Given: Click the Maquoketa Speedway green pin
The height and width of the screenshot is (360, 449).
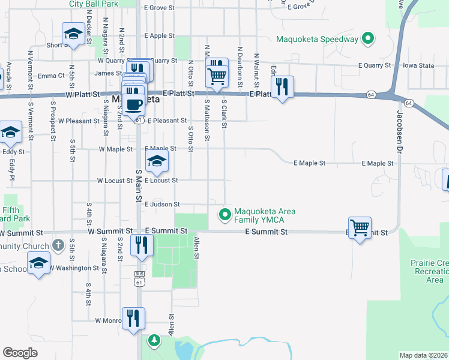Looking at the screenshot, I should click(x=368, y=40).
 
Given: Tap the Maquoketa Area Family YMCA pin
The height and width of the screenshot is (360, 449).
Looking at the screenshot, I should click(x=225, y=214).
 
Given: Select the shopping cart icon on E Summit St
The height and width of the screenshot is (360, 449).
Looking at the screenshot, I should click(x=360, y=228).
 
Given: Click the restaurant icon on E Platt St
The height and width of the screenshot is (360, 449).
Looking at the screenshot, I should click(x=282, y=87).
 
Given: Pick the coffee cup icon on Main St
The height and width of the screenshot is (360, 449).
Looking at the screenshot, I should click(x=134, y=104).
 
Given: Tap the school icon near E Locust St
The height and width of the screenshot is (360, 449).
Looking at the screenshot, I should click(x=157, y=161).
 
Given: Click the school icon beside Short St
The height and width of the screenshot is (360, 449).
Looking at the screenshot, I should click(x=73, y=34).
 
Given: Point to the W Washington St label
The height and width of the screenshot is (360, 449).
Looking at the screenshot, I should click(x=74, y=268).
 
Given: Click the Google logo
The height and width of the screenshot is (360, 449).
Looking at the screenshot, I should click(x=20, y=353).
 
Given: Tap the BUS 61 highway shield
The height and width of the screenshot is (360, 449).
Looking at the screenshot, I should click(x=139, y=277).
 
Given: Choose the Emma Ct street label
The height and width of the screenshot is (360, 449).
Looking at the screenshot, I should click(x=51, y=76).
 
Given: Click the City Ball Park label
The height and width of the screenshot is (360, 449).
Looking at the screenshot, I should click(x=93, y=4).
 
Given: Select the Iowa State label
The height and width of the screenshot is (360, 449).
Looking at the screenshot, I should click(x=418, y=65).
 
